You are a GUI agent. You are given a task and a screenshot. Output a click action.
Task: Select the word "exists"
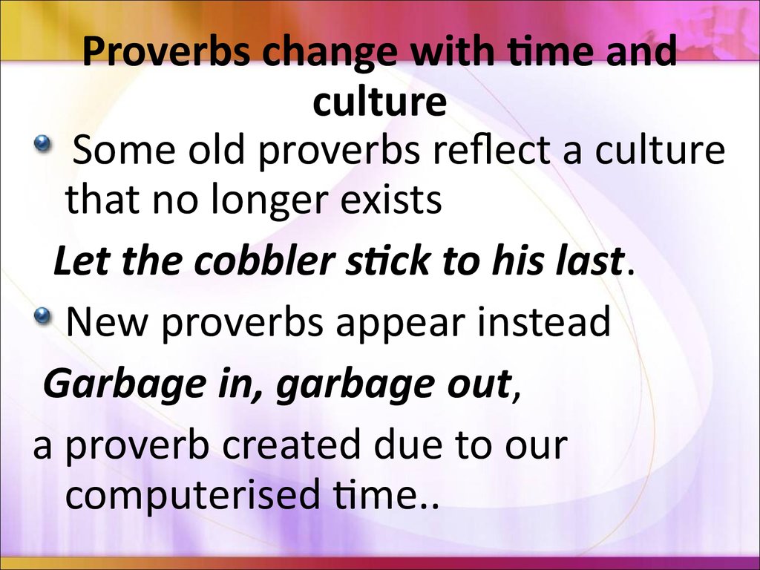point(390,199)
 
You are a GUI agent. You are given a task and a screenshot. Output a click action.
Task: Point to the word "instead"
point(544,321)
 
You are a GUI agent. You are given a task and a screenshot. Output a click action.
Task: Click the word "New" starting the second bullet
point(105,322)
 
